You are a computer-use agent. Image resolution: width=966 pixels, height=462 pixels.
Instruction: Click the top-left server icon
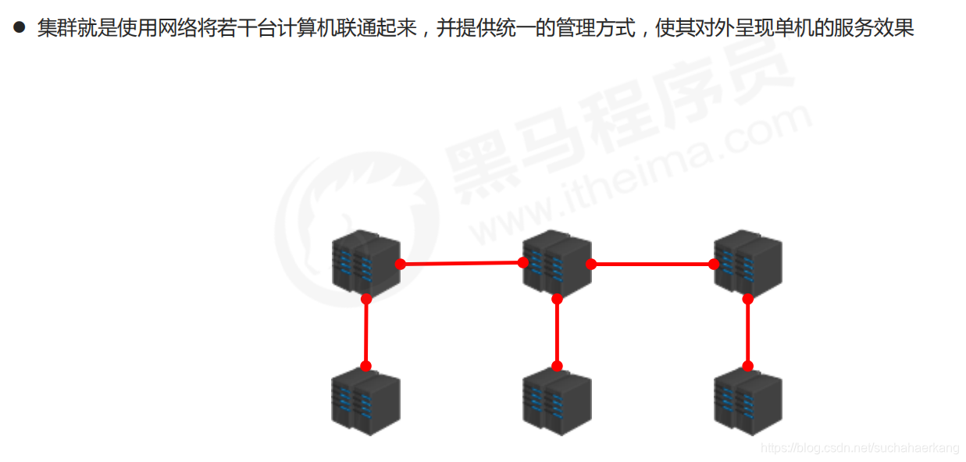[365, 263]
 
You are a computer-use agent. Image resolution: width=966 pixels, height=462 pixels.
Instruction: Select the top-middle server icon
[557, 263]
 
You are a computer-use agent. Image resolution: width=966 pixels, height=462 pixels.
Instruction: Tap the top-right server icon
[747, 263]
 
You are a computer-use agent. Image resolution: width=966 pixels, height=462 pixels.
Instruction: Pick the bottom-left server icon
[365, 401]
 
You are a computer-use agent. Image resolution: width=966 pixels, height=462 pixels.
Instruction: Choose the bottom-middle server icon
[557, 401]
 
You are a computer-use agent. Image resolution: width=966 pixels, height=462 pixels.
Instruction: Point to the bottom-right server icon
[747, 401]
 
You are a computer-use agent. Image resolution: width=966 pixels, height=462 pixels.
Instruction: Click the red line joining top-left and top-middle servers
[461, 264]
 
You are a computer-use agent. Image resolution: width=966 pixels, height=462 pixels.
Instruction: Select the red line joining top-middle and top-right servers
[652, 264]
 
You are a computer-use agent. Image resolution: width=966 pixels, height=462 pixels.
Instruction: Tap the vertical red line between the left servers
[365, 332]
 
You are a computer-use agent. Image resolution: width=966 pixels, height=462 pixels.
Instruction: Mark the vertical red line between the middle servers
[557, 332]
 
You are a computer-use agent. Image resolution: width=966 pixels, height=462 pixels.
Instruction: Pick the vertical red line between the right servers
[747, 332]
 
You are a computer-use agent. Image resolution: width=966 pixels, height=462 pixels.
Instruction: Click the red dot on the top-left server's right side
[400, 264]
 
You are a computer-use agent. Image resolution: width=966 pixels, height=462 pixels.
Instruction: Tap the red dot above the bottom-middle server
[557, 366]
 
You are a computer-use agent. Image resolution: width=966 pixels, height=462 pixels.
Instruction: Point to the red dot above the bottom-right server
[747, 366]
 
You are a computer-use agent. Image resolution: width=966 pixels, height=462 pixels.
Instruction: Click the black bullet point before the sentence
[20, 27]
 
